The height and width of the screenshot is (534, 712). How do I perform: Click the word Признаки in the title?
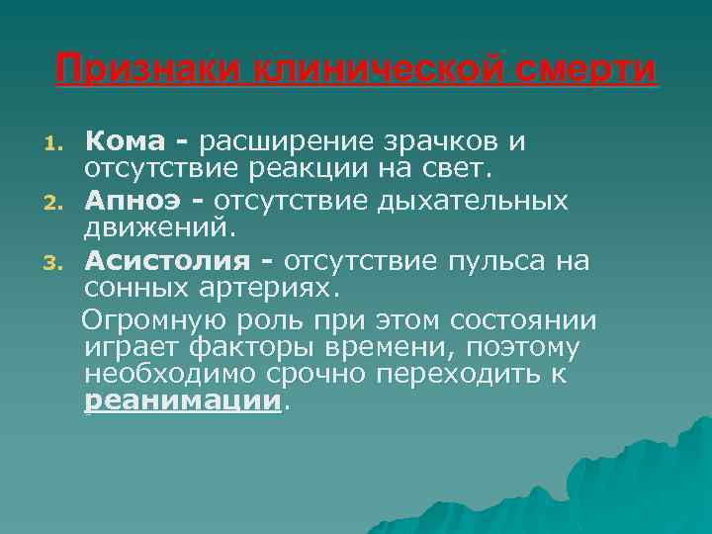tap(146, 70)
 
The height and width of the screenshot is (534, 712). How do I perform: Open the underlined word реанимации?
tap(183, 401)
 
